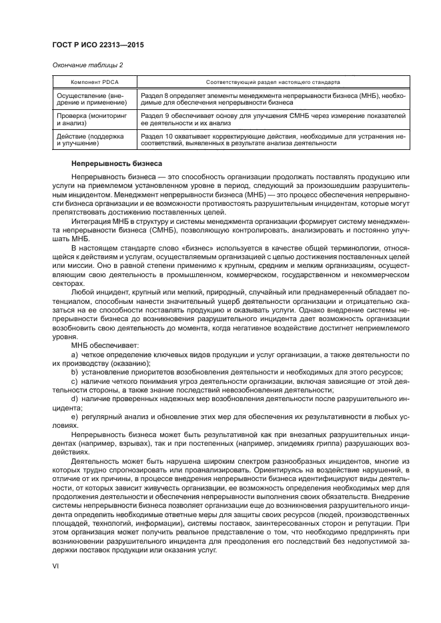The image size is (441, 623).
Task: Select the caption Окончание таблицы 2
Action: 87,65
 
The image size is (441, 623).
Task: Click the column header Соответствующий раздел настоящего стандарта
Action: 273,82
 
